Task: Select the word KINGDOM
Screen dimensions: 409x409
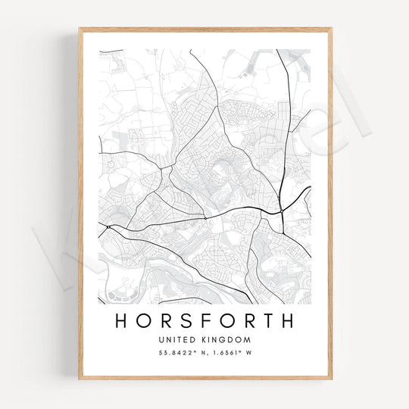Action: click(x=225, y=340)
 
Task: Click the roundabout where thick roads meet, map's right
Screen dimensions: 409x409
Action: click(x=281, y=211)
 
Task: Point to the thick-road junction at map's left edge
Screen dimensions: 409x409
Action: click(x=108, y=226)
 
